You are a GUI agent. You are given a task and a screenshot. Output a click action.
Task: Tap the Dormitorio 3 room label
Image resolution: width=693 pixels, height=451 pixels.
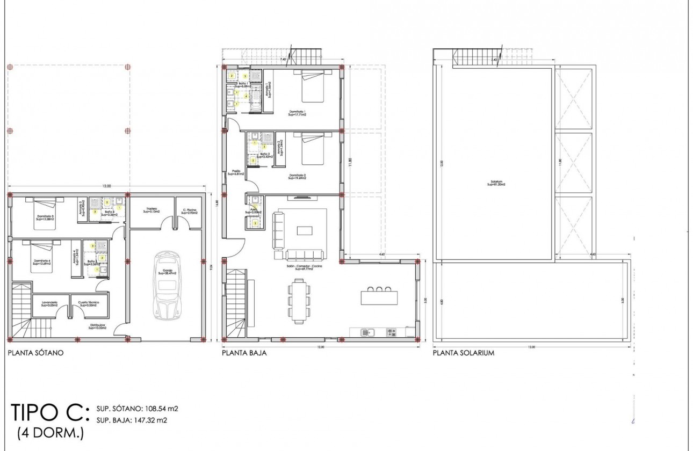tap(46, 217)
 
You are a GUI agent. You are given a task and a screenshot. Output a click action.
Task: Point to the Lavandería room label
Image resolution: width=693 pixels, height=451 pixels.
tap(49, 303)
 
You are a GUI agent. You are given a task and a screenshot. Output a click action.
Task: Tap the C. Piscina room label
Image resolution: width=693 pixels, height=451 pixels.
tap(189, 211)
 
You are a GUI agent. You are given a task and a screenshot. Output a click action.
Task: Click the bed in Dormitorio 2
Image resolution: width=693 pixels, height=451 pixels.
tap(312, 149)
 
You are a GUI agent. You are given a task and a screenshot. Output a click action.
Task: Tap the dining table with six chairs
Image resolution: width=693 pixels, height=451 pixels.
tap(299, 301)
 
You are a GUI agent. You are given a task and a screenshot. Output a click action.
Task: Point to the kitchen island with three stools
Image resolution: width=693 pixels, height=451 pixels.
tap(379, 297)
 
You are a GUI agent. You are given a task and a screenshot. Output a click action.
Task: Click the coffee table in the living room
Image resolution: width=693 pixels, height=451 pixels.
tap(305, 231)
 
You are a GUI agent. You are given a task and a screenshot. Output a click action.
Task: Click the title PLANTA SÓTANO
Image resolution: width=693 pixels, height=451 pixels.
tap(36, 353)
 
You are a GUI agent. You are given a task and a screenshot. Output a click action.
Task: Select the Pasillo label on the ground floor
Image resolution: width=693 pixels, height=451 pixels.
tap(235, 172)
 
